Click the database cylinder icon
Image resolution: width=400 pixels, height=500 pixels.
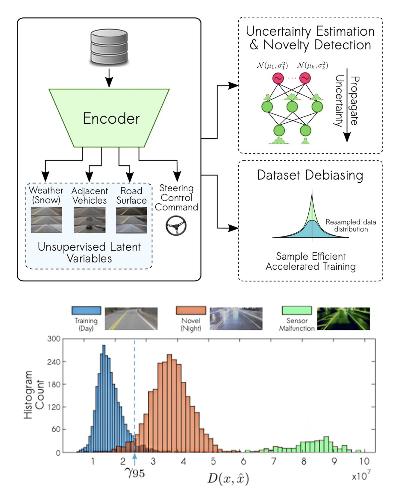pos(109,46)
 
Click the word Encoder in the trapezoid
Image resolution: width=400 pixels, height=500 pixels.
pos(111,118)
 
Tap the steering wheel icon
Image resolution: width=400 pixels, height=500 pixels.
pos(176,225)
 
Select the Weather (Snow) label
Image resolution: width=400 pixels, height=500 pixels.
pos(46,195)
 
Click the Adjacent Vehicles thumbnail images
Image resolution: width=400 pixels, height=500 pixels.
pos(90,220)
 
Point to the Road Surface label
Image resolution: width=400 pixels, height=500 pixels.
pos(131,196)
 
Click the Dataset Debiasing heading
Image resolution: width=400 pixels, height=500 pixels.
pos(310,175)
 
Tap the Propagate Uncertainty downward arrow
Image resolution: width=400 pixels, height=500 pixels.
pos(347,105)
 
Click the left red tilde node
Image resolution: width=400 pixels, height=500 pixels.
pos(278,78)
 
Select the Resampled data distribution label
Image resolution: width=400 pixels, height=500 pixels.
pos(351,225)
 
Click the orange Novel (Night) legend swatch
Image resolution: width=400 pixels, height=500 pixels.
pos(191,310)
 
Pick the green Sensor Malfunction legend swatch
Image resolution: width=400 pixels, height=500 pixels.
pos(297,310)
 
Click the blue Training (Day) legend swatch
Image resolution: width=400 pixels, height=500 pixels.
pos(86,310)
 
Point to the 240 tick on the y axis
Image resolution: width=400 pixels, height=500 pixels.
pos(54,361)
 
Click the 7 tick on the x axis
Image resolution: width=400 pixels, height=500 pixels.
pos(274,461)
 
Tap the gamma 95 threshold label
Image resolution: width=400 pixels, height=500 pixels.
pos(135,473)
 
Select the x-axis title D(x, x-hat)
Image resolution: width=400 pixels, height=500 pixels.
pos(228,479)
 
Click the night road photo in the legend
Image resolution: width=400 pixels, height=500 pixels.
pos(236,319)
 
